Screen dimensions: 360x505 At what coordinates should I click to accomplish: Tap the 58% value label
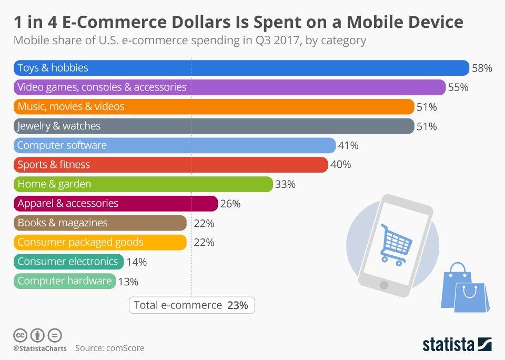[482, 68]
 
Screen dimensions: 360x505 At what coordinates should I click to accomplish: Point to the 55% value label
[458, 87]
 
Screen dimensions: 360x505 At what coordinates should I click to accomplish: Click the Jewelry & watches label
[59, 126]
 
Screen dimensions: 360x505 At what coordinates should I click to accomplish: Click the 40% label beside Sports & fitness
[340, 165]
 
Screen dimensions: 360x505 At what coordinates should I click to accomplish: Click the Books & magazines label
[63, 223]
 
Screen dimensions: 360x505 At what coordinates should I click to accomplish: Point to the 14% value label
[136, 262]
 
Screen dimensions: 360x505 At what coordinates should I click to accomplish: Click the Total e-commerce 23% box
[191, 305]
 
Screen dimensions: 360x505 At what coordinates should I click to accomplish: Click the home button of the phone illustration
[383, 285]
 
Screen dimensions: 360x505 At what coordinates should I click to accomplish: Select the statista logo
[457, 345]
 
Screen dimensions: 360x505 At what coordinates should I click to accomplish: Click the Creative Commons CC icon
[20, 335]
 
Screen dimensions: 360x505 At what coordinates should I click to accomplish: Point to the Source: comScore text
[109, 348]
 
